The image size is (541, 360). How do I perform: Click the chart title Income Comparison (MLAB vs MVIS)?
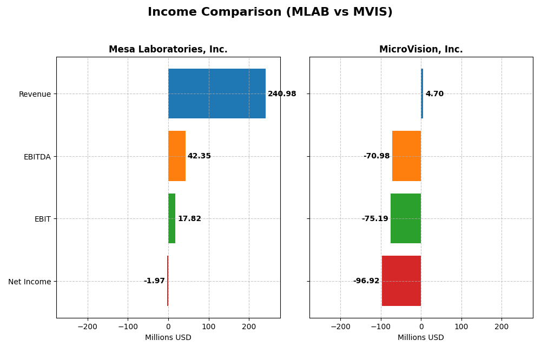(x=270, y=12)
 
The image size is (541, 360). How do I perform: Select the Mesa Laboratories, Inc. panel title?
(x=168, y=49)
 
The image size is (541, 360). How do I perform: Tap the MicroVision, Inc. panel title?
(x=421, y=49)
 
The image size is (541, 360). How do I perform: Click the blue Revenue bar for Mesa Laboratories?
(x=216, y=94)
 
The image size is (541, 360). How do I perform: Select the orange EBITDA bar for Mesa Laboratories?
(x=177, y=156)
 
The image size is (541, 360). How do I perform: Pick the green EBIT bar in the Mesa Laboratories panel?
(x=171, y=218)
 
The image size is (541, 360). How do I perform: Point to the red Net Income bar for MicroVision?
(x=401, y=281)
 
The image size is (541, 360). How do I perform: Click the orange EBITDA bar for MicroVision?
(x=407, y=156)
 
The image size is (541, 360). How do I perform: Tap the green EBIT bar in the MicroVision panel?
(x=406, y=218)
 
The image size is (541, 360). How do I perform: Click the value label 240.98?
(x=282, y=94)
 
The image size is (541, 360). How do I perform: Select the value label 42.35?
(x=199, y=156)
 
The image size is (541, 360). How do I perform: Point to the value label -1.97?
(x=154, y=281)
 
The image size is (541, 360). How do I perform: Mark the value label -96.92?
(x=366, y=281)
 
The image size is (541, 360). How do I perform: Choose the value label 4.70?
(x=434, y=94)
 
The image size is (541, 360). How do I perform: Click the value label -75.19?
(x=375, y=219)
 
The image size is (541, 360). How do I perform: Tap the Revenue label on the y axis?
(x=35, y=94)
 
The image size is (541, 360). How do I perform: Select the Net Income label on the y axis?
(x=30, y=282)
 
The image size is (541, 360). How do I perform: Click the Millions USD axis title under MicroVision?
(x=421, y=337)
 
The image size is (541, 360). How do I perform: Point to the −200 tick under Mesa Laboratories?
(x=87, y=326)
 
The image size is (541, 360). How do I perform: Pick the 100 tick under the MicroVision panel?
(x=461, y=326)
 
